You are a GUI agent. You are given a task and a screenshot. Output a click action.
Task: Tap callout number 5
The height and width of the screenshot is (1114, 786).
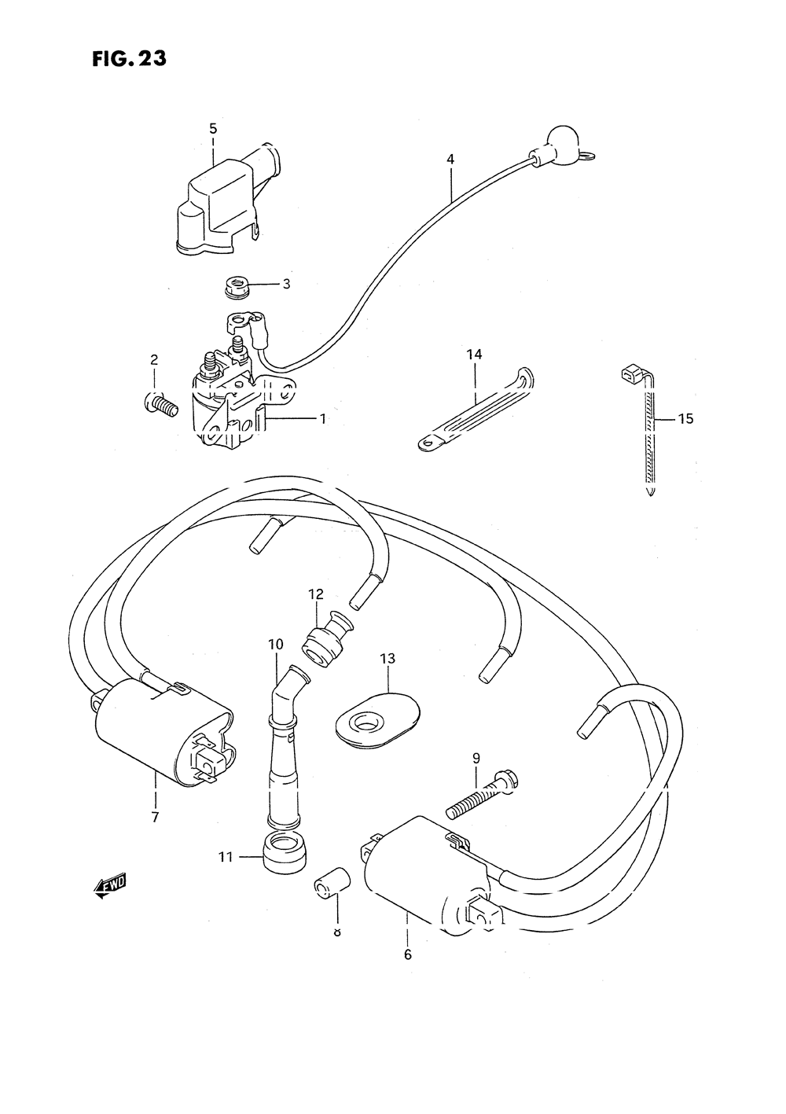(x=213, y=129)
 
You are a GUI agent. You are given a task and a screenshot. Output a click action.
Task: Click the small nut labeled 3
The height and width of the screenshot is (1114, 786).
(x=233, y=287)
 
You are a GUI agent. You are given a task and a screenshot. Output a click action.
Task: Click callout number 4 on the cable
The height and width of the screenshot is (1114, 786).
(x=450, y=160)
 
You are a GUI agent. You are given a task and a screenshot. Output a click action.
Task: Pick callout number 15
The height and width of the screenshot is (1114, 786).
(x=685, y=419)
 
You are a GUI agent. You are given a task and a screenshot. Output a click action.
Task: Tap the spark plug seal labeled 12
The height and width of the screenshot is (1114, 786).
(x=324, y=638)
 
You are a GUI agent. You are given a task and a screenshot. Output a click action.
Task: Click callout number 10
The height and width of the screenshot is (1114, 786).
(x=275, y=645)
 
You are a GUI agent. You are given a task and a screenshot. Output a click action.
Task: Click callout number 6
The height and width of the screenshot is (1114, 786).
(x=407, y=955)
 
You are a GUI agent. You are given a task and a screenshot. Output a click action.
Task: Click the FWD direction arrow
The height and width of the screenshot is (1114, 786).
(x=109, y=886)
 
